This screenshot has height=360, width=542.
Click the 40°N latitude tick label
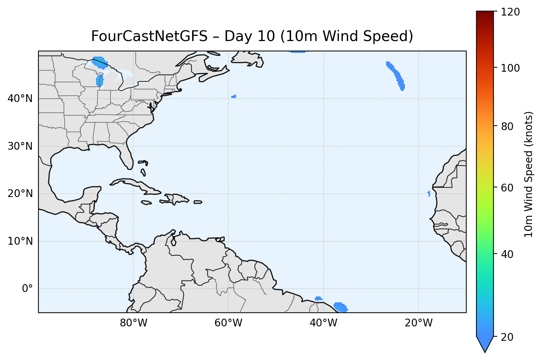click(x=20, y=99)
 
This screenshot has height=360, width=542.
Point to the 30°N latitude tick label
click(x=20, y=146)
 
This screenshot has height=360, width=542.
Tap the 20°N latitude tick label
click(x=20, y=194)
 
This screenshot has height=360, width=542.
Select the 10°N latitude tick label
click(x=20, y=241)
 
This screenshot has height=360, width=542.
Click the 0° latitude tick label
click(x=27, y=289)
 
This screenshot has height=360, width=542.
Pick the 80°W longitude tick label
click(x=133, y=323)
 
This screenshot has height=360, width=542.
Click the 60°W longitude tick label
click(x=228, y=323)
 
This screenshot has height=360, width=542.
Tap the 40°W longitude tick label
click(x=324, y=323)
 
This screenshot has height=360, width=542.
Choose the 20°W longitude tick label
click(x=419, y=323)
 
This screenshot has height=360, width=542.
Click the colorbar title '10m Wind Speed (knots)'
click(x=529, y=174)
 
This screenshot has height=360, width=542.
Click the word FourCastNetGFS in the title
click(x=149, y=36)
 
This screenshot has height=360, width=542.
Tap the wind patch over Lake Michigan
click(x=99, y=81)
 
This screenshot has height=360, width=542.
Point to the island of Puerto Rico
click(x=198, y=202)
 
